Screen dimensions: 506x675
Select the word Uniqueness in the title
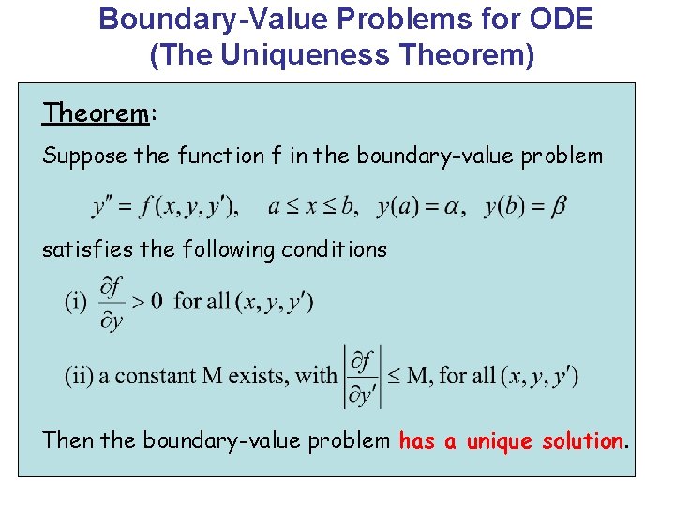310,55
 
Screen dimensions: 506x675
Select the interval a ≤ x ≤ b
311,206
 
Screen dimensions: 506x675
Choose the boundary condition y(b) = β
525,206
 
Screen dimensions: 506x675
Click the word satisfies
84,250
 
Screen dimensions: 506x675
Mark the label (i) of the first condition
77,302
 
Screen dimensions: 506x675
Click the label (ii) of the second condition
80,376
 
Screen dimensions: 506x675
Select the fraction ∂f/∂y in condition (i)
112,302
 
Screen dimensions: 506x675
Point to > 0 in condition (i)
147,302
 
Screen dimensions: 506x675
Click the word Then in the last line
68,440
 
